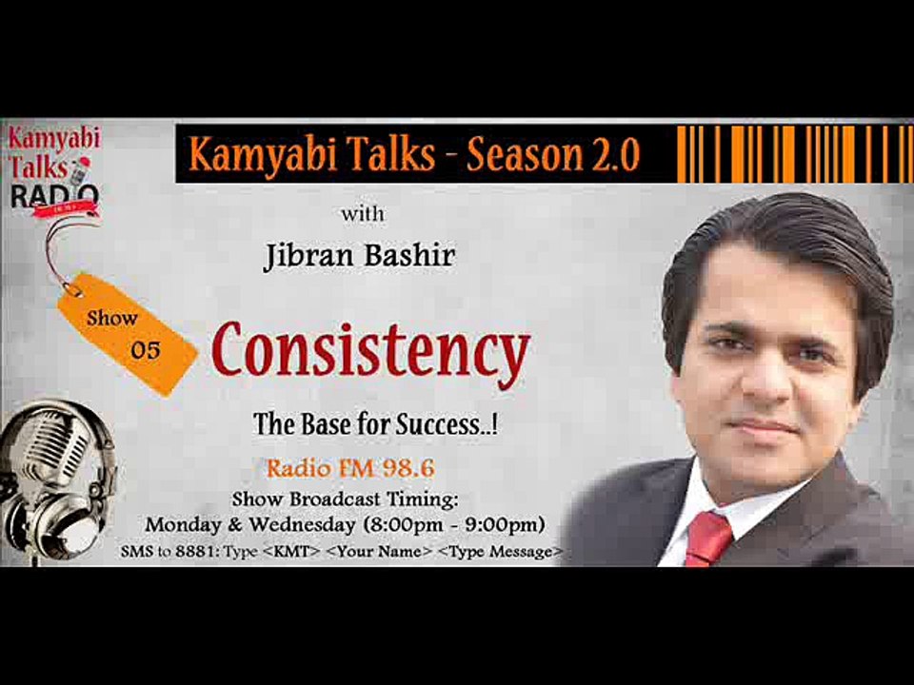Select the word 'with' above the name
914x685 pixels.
click(364, 214)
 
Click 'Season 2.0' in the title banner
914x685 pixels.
click(552, 155)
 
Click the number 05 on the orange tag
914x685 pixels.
click(146, 350)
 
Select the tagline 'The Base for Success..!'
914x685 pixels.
click(376, 424)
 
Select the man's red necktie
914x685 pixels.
click(710, 538)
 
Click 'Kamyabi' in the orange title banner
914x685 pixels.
click(248, 155)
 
